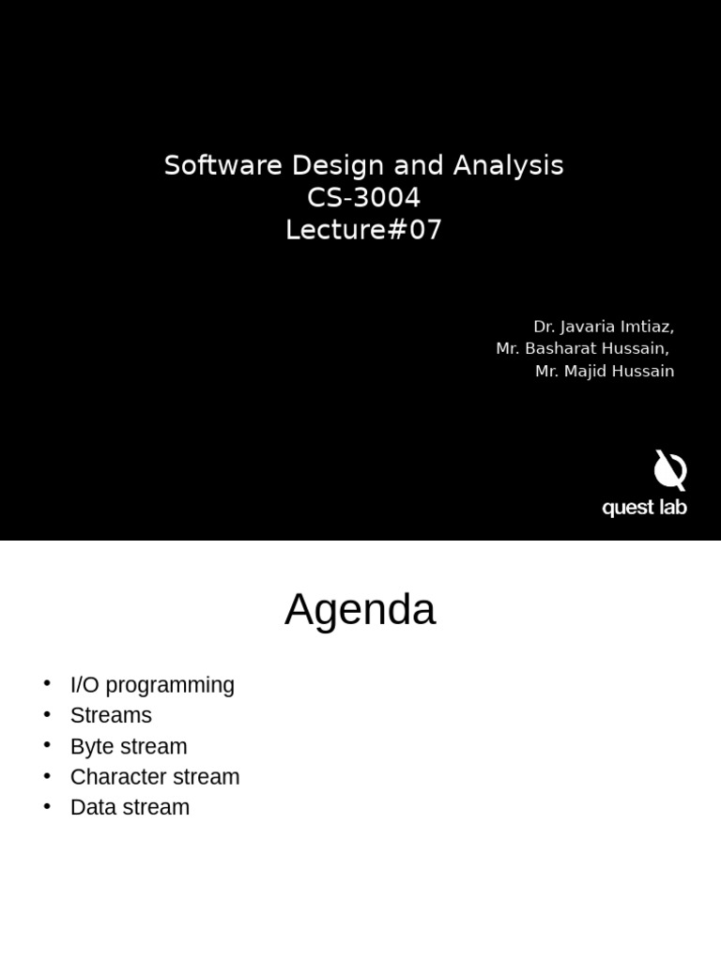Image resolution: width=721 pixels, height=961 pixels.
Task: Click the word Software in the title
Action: coord(223,166)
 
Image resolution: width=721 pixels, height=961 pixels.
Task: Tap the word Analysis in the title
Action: coord(508,166)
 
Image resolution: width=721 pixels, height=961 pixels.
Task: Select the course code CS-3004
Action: coord(363,198)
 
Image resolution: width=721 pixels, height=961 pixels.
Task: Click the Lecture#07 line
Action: coord(363,230)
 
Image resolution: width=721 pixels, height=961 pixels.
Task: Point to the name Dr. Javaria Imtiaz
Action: coord(603,327)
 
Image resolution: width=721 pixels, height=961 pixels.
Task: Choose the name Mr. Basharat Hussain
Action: coord(582,349)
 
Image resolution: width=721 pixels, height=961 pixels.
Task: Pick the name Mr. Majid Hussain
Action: coord(604,372)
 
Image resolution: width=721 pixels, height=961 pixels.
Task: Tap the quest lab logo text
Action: coord(644,508)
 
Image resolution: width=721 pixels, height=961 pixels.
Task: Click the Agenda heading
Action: coord(360,610)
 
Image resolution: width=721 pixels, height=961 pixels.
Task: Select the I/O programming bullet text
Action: coord(152,685)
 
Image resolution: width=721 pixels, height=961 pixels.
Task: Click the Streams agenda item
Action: coord(111,715)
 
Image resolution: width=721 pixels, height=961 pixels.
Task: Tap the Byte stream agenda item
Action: coord(129,746)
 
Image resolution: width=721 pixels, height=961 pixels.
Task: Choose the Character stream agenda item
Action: coord(155,777)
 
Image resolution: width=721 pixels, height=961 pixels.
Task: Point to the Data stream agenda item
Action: coord(130,807)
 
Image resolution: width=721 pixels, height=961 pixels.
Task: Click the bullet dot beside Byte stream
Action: coord(47,745)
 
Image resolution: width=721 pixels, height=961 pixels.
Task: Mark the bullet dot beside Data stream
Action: coord(47,806)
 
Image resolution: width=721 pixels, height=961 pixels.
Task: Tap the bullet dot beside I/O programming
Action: coord(47,684)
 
